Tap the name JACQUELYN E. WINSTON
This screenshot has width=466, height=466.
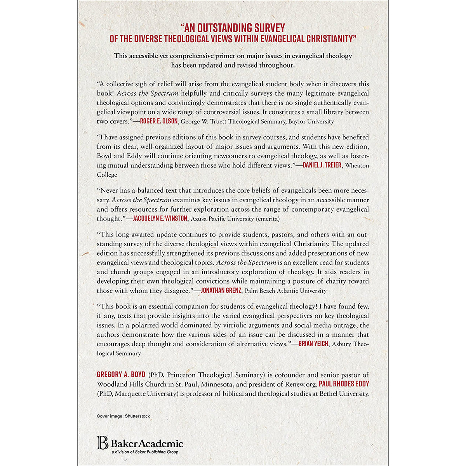160,218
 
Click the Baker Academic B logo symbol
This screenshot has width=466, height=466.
102,443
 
